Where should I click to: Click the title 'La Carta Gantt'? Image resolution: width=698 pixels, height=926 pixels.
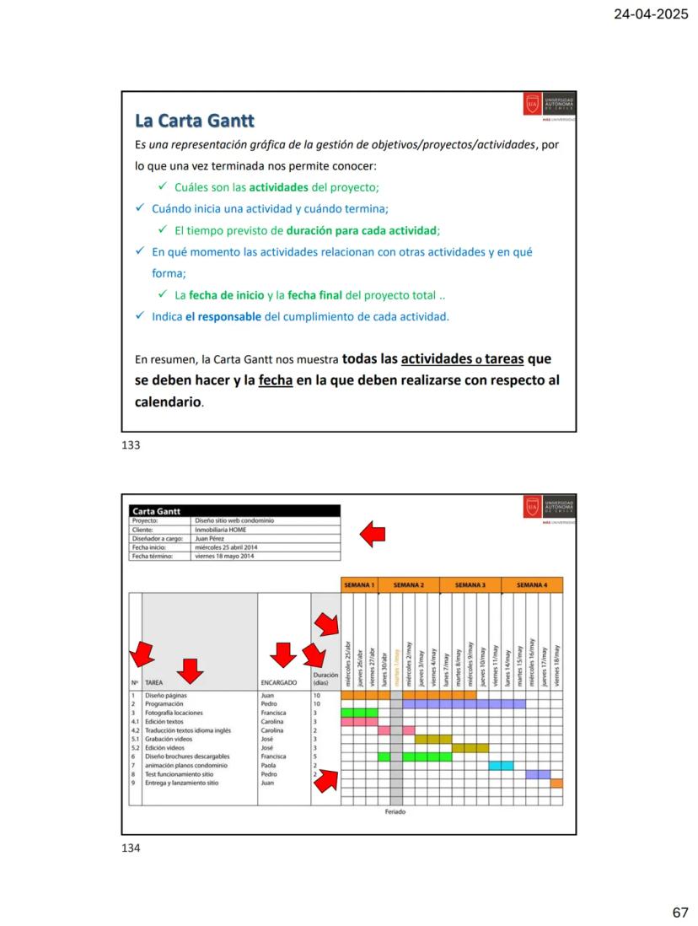point(195,121)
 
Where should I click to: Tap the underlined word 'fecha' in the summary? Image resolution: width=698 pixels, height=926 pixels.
point(276,380)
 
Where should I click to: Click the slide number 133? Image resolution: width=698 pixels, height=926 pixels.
point(131,445)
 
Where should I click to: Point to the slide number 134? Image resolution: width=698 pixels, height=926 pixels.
point(131,848)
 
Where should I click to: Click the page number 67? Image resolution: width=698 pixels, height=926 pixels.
point(679,913)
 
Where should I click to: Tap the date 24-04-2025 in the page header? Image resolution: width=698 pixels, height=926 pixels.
point(652,13)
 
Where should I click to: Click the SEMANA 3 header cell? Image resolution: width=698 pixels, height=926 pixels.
point(470,584)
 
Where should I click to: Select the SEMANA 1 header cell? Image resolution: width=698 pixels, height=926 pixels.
point(359,584)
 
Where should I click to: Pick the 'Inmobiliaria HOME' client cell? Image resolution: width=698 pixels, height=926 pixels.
point(220,529)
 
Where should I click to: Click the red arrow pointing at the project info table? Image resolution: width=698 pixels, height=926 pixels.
point(373,533)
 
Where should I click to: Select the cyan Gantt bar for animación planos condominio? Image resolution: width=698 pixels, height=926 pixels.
point(501,766)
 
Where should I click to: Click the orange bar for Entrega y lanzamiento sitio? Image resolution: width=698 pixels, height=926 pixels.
point(556,783)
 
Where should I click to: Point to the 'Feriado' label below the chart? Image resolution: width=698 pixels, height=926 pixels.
point(395,812)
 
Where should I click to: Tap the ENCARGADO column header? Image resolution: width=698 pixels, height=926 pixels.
point(279,682)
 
